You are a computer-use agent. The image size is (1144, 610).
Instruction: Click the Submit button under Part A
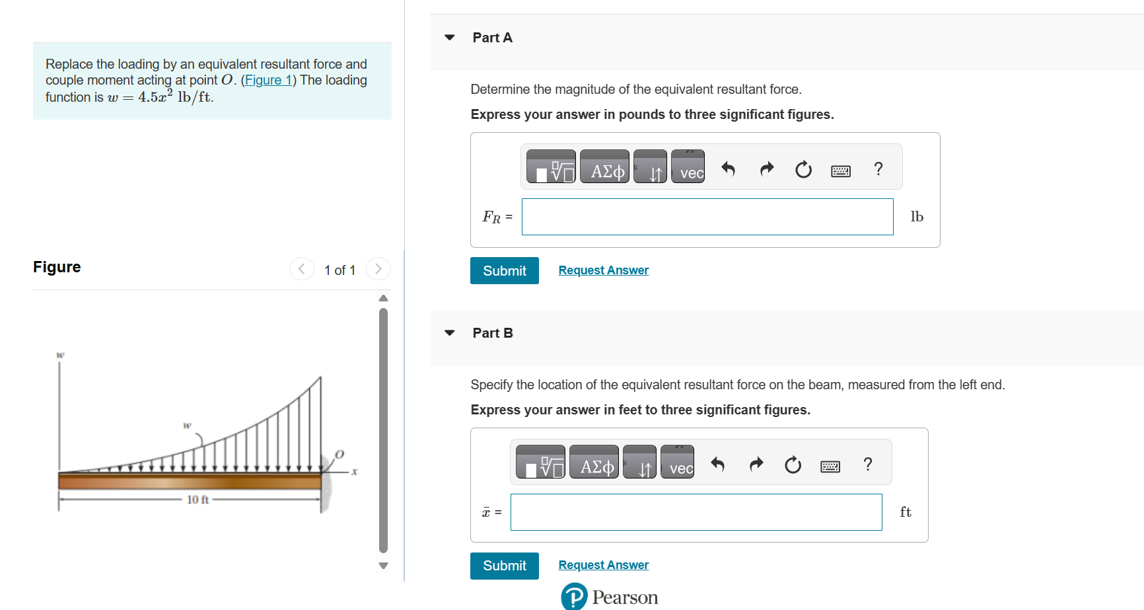504,270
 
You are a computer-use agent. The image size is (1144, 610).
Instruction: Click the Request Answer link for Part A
603,270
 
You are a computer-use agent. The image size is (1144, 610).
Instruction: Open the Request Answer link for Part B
603,565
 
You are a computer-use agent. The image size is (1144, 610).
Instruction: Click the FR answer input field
707,217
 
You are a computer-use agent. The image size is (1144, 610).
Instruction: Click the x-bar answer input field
696,512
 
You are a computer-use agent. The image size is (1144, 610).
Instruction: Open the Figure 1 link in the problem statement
268,81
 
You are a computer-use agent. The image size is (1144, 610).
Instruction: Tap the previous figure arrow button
302,268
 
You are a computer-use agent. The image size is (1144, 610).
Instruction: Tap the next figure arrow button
378,268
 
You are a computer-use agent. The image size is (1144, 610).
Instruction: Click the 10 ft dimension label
197,500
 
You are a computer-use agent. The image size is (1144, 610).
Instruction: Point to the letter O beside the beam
340,455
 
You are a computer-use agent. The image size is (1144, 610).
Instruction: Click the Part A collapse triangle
450,38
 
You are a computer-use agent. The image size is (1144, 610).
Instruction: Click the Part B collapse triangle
450,333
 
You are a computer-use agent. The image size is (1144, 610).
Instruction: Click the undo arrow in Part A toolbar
728,169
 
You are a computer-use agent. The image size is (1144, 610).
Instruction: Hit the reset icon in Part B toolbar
793,465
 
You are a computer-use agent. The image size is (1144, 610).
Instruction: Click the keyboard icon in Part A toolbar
840,171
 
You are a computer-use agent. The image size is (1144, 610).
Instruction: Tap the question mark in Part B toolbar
868,465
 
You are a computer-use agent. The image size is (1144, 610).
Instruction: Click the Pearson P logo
574,596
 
